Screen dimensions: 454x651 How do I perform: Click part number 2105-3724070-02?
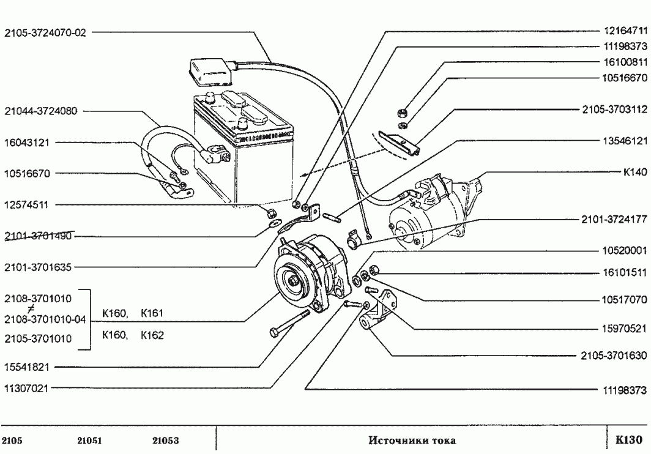coord(45,33)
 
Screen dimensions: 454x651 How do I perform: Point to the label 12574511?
coord(29,204)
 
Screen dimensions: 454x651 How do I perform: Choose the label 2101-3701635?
coord(38,266)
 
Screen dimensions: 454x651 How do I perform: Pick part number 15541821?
coord(29,367)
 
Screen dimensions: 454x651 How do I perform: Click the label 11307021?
coord(29,388)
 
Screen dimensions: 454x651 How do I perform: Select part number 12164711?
coord(624,29)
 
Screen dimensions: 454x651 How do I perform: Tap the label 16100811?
coord(624,62)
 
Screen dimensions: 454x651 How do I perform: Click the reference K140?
coord(634,172)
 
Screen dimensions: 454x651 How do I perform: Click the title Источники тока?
coord(413,441)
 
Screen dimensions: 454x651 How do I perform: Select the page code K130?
coord(628,440)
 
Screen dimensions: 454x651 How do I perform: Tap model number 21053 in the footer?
coord(165,441)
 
